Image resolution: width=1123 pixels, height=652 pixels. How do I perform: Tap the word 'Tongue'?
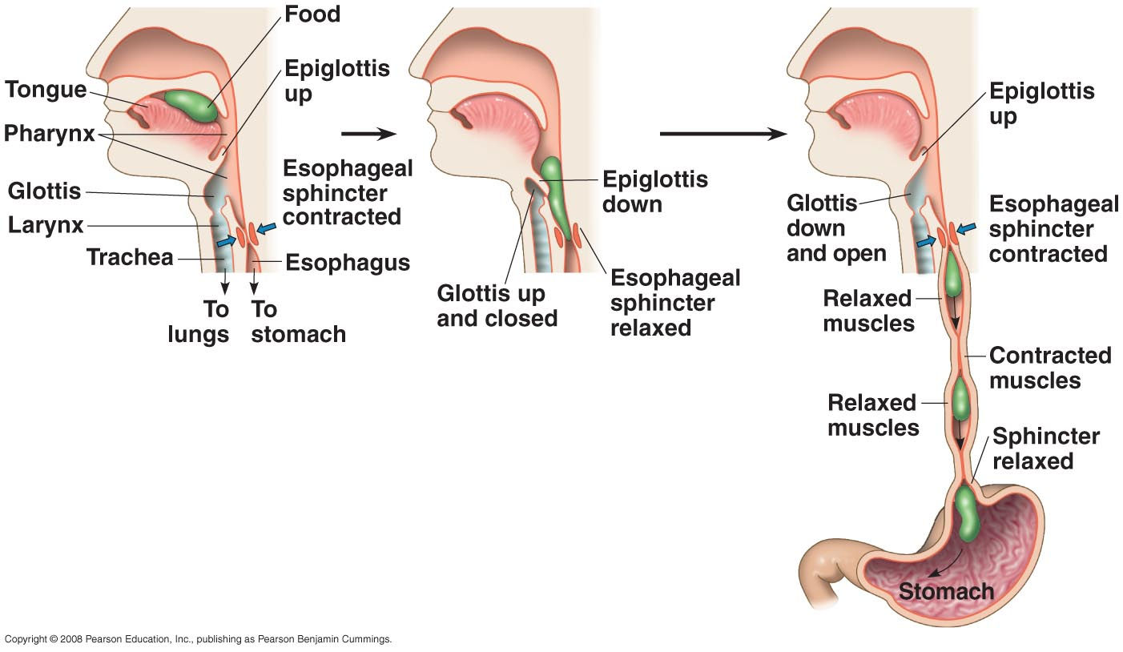pyautogui.click(x=46, y=90)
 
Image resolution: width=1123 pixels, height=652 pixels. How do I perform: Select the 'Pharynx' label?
pyautogui.click(x=49, y=134)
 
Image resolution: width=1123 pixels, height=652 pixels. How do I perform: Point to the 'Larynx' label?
pyautogui.click(x=45, y=226)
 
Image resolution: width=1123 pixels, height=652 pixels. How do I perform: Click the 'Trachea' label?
pyautogui.click(x=129, y=258)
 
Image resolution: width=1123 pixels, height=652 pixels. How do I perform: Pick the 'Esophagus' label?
pyautogui.click(x=348, y=262)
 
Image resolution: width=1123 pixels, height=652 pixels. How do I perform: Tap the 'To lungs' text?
pyautogui.click(x=199, y=321)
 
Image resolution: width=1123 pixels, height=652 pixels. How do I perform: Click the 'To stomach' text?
pyautogui.click(x=298, y=321)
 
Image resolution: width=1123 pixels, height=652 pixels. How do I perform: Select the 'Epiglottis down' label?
pyautogui.click(x=654, y=191)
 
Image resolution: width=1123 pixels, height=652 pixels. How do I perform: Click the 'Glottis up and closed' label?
pyautogui.click(x=497, y=306)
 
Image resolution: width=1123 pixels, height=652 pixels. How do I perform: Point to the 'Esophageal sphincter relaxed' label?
pyautogui.click(x=674, y=303)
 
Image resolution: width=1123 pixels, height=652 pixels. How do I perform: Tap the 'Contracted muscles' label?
pyautogui.click(x=1049, y=367)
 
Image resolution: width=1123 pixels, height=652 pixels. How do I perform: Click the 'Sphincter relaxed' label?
pyautogui.click(x=1045, y=449)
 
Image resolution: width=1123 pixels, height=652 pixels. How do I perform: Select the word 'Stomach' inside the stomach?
pyautogui.click(x=946, y=592)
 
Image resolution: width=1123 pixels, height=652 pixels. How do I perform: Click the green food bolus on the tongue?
pyautogui.click(x=191, y=106)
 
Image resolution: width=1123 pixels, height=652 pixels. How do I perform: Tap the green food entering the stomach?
pyautogui.click(x=968, y=513)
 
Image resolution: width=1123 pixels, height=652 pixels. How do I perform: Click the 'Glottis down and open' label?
pyautogui.click(x=836, y=228)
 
